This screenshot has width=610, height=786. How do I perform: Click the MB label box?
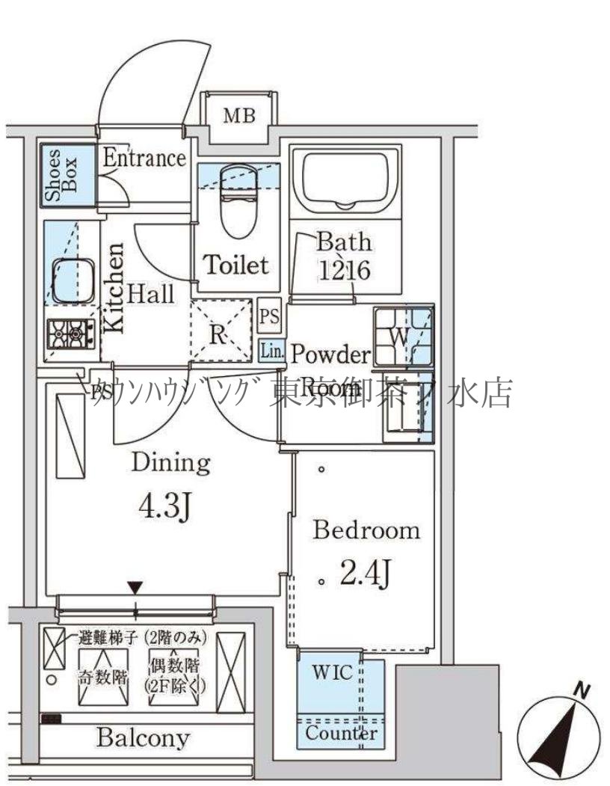tap(239, 116)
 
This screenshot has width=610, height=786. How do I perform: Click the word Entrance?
tap(144, 158)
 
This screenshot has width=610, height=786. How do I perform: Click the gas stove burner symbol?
tap(71, 332)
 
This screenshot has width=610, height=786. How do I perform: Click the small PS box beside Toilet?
tap(269, 317)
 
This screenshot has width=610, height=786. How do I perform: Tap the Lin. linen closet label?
tap(271, 350)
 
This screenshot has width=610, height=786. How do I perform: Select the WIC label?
tap(332, 672)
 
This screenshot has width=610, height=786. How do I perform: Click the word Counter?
tap(340, 734)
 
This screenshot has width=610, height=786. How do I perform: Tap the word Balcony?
tap(142, 738)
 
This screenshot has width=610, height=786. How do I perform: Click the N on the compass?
tap(579, 690)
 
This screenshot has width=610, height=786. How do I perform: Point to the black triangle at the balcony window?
tap(135, 587)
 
